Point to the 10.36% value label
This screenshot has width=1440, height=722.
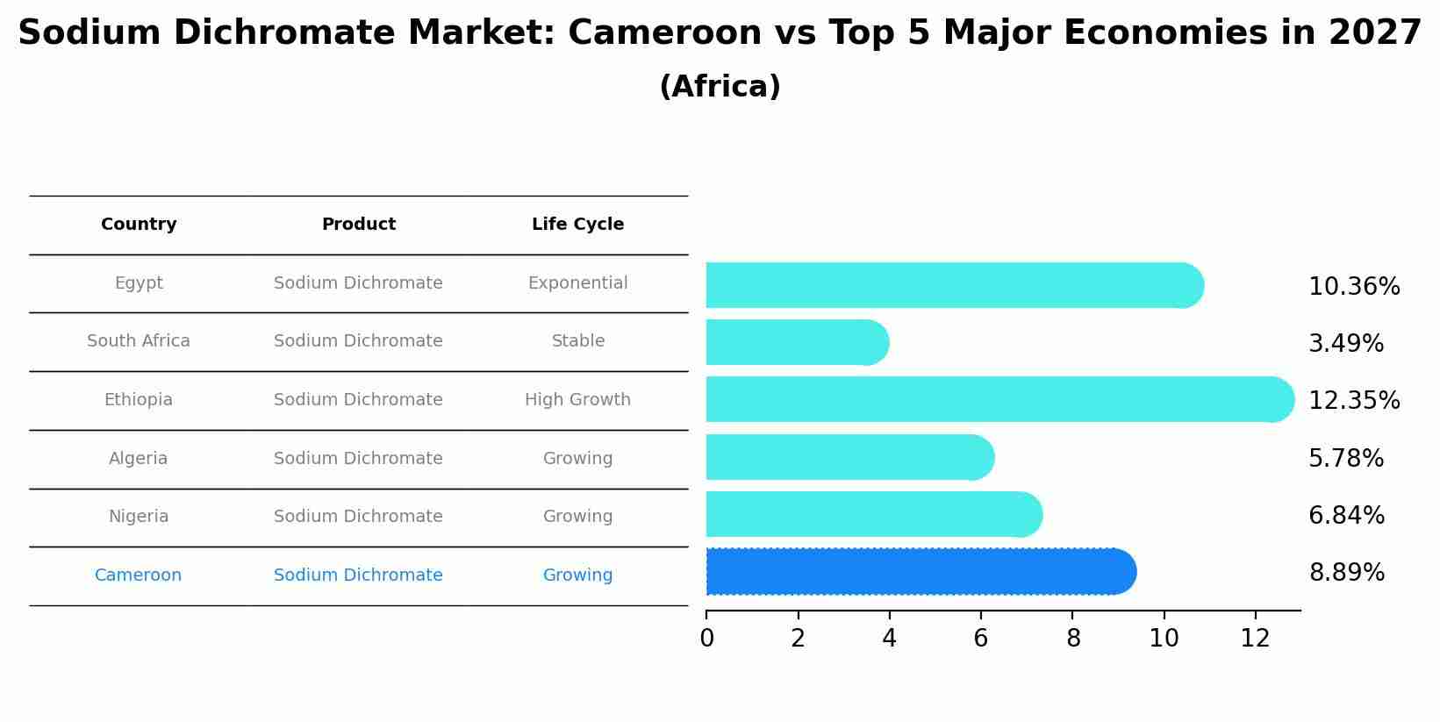(x=1353, y=287)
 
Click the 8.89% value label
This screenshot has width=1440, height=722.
(x=1346, y=573)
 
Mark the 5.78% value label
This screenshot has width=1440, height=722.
(x=1345, y=459)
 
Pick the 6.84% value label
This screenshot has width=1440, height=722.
(x=1346, y=516)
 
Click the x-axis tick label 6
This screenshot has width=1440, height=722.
(x=980, y=639)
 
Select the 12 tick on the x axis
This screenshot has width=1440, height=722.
(x=1255, y=639)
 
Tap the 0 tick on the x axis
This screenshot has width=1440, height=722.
(x=706, y=639)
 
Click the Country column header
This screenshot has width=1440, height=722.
(x=139, y=225)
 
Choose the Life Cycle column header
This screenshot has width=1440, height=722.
(x=577, y=225)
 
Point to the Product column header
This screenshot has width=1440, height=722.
(x=358, y=225)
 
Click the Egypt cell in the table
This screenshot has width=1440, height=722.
(x=139, y=283)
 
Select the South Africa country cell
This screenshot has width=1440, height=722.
(x=139, y=341)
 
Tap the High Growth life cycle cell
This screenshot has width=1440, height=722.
(x=577, y=400)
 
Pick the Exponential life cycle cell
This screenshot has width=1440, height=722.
(x=577, y=283)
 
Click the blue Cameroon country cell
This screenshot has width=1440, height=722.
(x=138, y=575)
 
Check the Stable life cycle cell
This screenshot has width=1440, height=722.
(x=577, y=341)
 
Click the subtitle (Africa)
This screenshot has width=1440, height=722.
(x=720, y=87)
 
